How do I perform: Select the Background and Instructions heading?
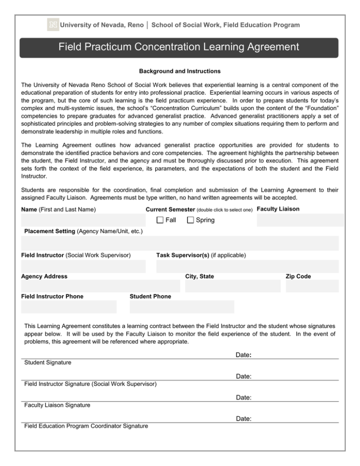click(180, 72)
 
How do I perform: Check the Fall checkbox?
click(160, 220)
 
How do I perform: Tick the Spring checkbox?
click(190, 220)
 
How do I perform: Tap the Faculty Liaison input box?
click(300, 220)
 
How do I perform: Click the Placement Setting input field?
click(180, 243)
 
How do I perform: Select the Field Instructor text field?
click(83, 266)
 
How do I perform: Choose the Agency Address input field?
click(100, 286)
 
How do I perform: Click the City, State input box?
click(232, 286)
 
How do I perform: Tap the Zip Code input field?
click(312, 286)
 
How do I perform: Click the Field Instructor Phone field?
click(69, 307)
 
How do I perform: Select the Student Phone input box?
click(182, 307)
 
